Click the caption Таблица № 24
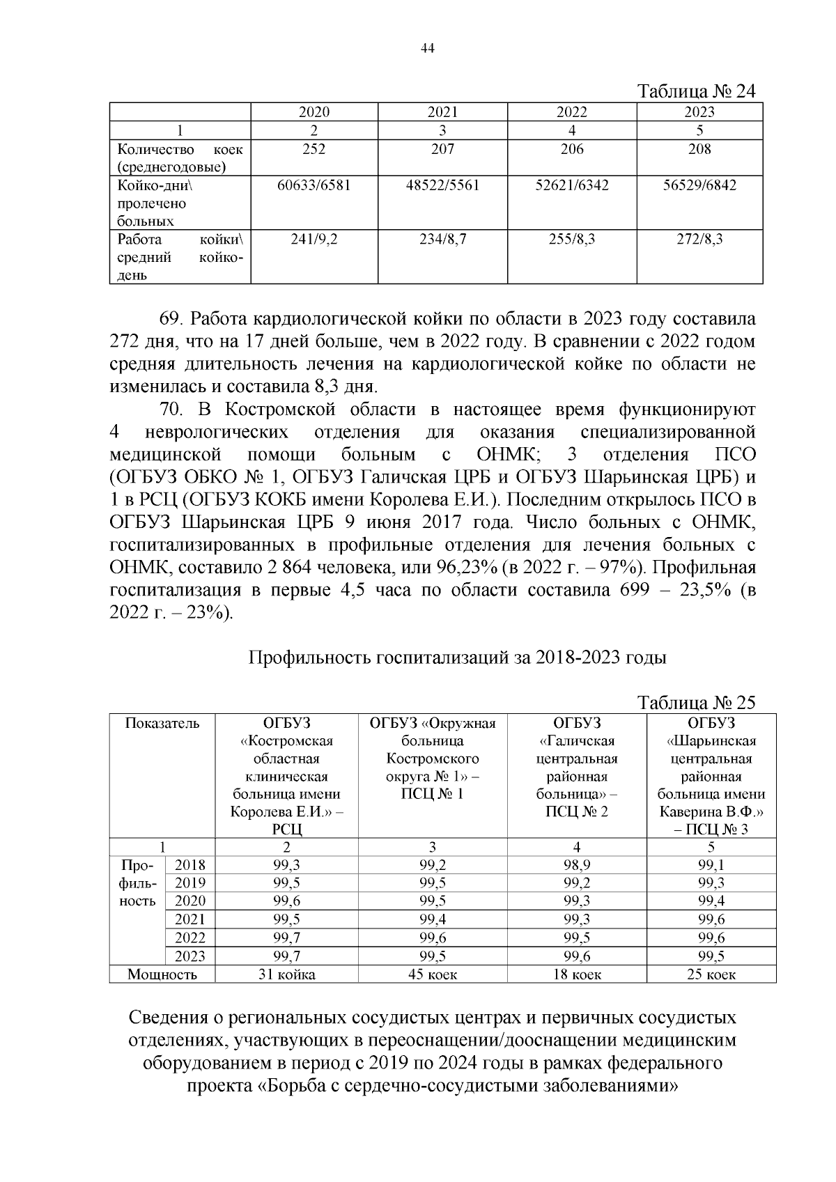697,93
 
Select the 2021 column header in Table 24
442,112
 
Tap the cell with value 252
313,148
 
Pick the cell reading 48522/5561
442,185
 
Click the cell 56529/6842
699,185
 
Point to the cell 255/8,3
571,240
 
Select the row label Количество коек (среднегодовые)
180,158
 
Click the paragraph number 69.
171,320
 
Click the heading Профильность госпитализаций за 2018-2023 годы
458,658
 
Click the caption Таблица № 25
697,703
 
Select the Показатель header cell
162,723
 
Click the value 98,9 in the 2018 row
576,865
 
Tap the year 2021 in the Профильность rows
189,919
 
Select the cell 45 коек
432,974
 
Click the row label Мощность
162,974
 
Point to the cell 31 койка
286,974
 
